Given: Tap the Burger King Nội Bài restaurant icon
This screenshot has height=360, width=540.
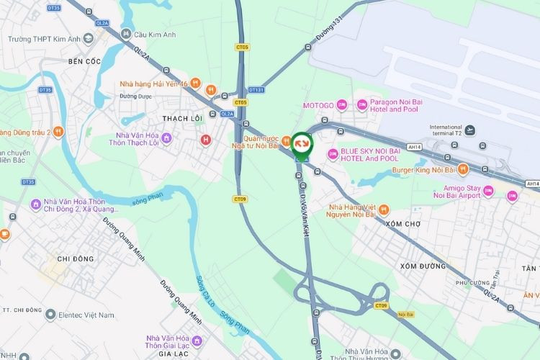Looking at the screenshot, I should [464, 170].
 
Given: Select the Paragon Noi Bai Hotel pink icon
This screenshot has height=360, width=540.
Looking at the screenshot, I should [362, 105].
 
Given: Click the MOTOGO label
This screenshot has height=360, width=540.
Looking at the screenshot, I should [318, 106].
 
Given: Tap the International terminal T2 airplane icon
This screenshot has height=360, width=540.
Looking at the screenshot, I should [470, 130].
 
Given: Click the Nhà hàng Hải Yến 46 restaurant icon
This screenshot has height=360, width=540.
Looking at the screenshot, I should [210, 90].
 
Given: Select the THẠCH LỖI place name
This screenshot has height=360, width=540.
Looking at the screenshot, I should [182, 118].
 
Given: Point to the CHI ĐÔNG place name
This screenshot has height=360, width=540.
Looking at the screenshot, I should [75, 259].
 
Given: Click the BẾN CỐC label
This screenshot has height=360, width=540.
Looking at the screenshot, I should [85, 62].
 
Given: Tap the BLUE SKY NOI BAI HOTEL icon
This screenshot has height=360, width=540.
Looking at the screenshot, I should [333, 154].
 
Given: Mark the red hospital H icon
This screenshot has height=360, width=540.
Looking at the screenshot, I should [206, 139].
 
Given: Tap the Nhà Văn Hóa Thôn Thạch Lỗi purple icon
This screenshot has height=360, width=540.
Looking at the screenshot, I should [166, 137].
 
